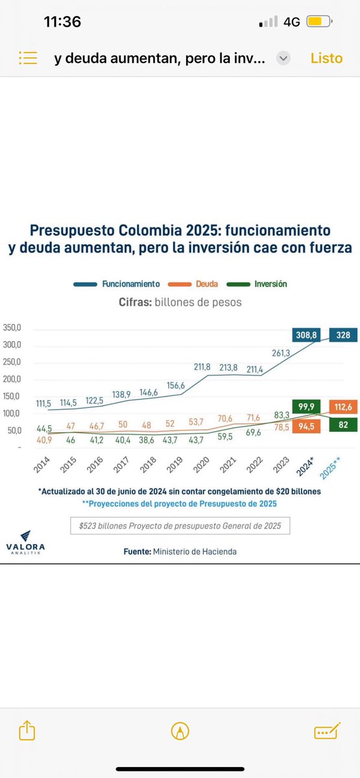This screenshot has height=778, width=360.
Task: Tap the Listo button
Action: (326, 58)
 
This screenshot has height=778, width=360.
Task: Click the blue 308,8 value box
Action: (308, 335)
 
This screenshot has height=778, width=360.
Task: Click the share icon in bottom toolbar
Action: (27, 731)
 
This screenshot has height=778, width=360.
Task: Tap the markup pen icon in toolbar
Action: (180, 731)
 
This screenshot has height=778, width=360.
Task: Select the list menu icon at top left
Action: (27, 58)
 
